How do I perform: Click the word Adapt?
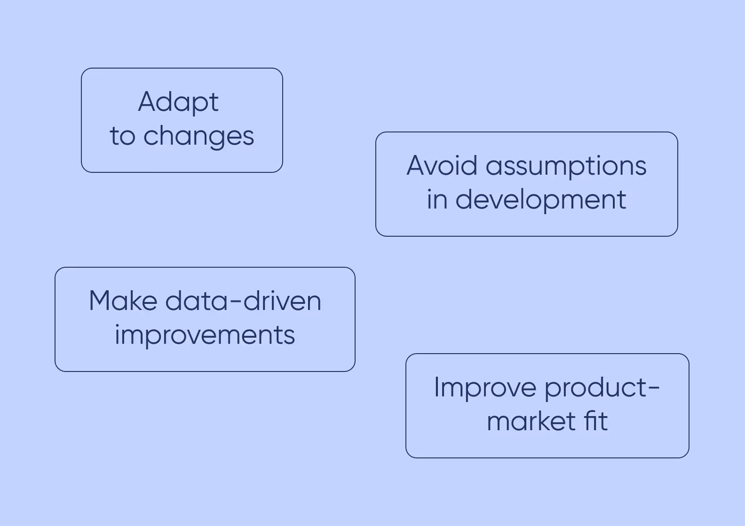click(178, 102)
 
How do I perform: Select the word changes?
click(198, 137)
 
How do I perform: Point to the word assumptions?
click(566, 167)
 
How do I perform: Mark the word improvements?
click(205, 335)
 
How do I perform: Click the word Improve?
click(485, 388)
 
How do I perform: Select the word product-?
click(602, 388)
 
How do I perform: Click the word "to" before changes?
click(122, 137)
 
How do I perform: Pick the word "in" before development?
click(437, 200)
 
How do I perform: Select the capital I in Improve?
click(436, 387)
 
